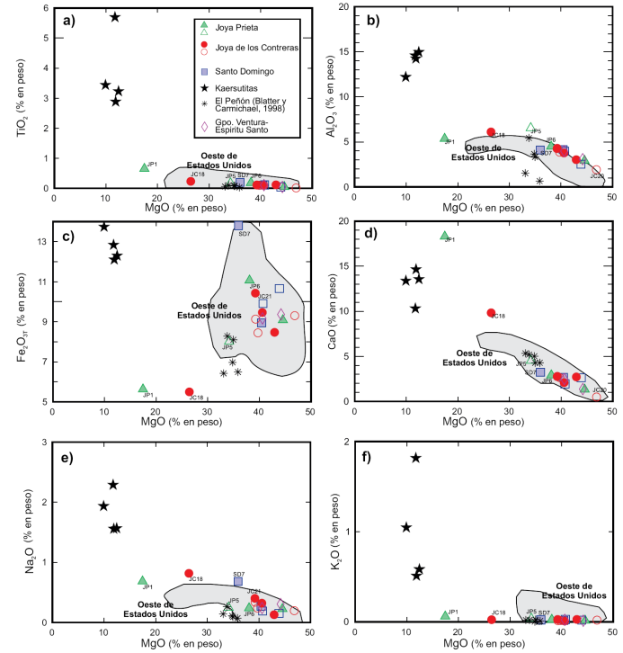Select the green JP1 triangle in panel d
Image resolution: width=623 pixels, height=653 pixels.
pyautogui.click(x=444, y=236)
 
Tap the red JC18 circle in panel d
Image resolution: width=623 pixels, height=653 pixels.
pyautogui.click(x=491, y=313)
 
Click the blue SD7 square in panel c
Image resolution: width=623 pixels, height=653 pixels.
pyautogui.click(x=238, y=226)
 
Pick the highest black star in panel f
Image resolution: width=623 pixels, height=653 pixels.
pyautogui.click(x=416, y=458)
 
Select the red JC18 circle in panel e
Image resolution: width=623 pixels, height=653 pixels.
pyautogui.click(x=189, y=573)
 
